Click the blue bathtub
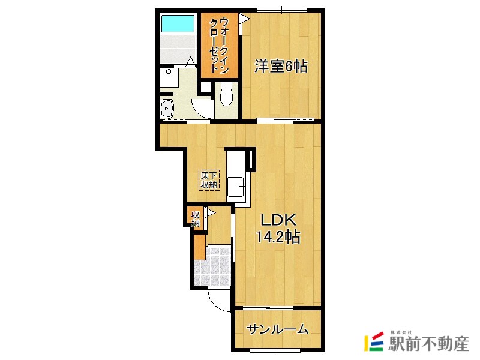click(x=178, y=24)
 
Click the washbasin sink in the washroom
click(x=167, y=108)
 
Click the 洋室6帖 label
click(x=281, y=67)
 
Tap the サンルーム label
click(x=278, y=329)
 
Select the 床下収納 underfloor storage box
click(x=210, y=179)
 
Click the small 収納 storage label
click(x=196, y=219)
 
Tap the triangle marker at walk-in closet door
click(x=243, y=19)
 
